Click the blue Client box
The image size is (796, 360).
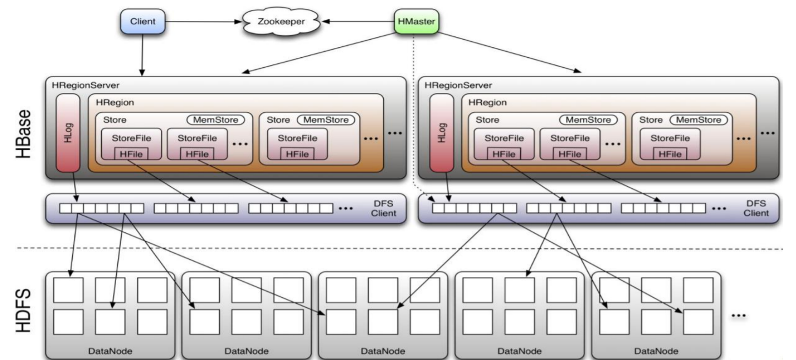tap(143, 22)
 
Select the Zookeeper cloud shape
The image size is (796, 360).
tap(281, 23)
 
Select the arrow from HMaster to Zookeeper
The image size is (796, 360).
tap(358, 23)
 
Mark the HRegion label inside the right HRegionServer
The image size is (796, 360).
tap(487, 102)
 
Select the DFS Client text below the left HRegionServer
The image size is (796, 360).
tap(383, 208)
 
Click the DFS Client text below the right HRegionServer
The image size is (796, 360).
tap(756, 208)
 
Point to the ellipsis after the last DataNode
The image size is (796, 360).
tap(738, 316)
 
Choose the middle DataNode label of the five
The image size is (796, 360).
tap(383, 350)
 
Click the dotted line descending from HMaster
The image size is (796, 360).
tap(413, 110)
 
